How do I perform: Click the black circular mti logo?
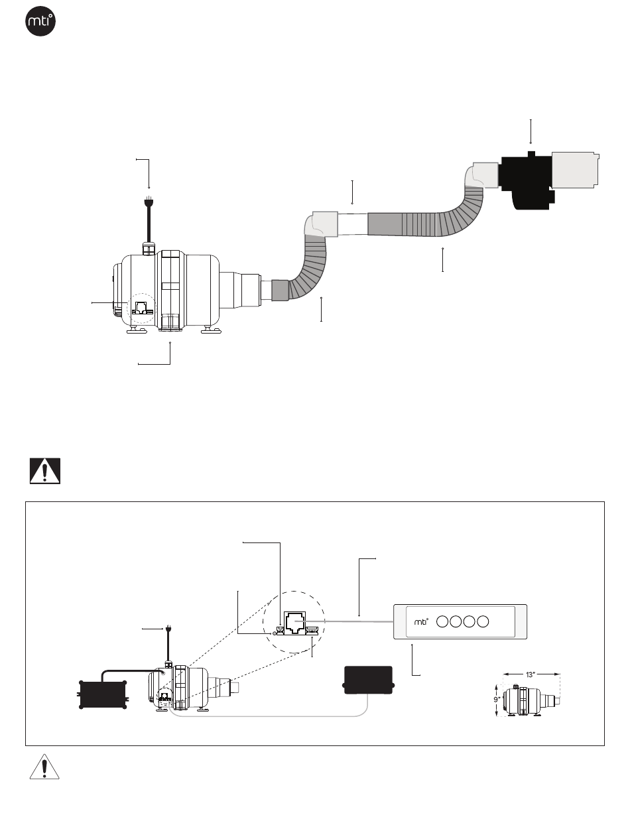(x=40, y=21)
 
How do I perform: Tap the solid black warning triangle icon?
(x=45, y=471)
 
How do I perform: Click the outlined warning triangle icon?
(x=44, y=767)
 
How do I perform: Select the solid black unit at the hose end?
(x=527, y=181)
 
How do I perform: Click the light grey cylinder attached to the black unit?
(x=575, y=170)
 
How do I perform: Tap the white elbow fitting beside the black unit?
(x=481, y=175)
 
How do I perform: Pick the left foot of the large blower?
(x=137, y=330)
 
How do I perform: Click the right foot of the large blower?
(x=211, y=330)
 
